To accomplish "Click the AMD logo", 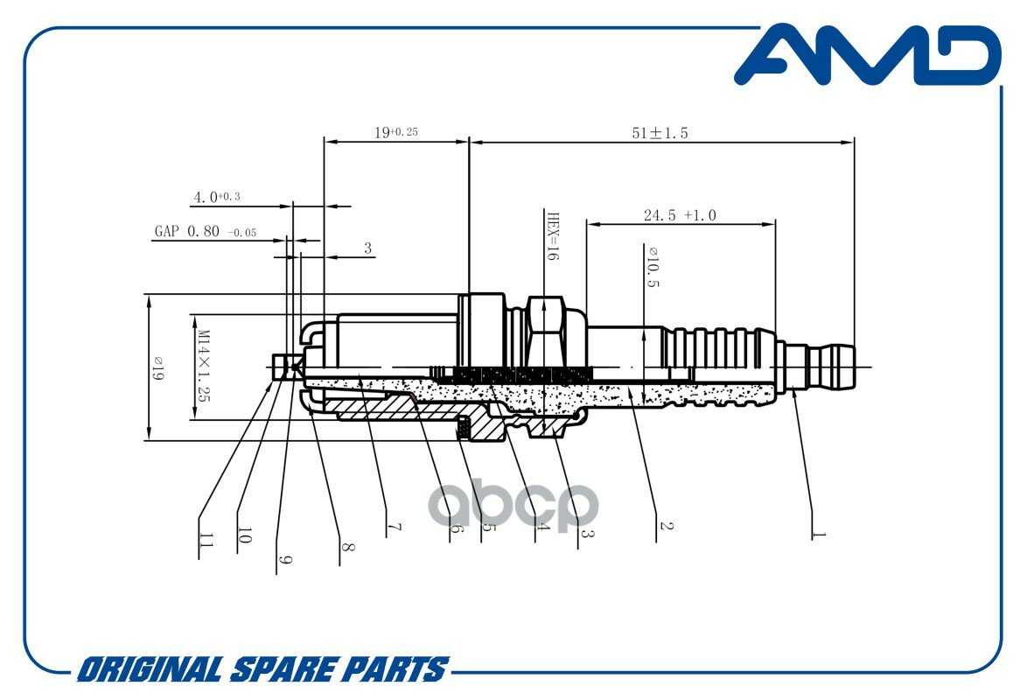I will pyautogui.click(x=866, y=57).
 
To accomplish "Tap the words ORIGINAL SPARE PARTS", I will pyautogui.click(x=262, y=669).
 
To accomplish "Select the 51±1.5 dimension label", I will pyautogui.click(x=660, y=133).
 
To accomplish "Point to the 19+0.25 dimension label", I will pyautogui.click(x=395, y=133).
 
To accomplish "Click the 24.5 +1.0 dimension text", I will pyautogui.click(x=680, y=215).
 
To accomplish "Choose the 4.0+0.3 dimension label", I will pyautogui.click(x=215, y=198).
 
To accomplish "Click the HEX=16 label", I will pyautogui.click(x=552, y=236).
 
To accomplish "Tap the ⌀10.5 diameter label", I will pyautogui.click(x=652, y=267).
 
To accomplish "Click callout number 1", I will pyautogui.click(x=817, y=531).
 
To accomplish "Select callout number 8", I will pyautogui.click(x=347, y=547).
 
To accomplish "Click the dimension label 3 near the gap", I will pyautogui.click(x=368, y=248).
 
